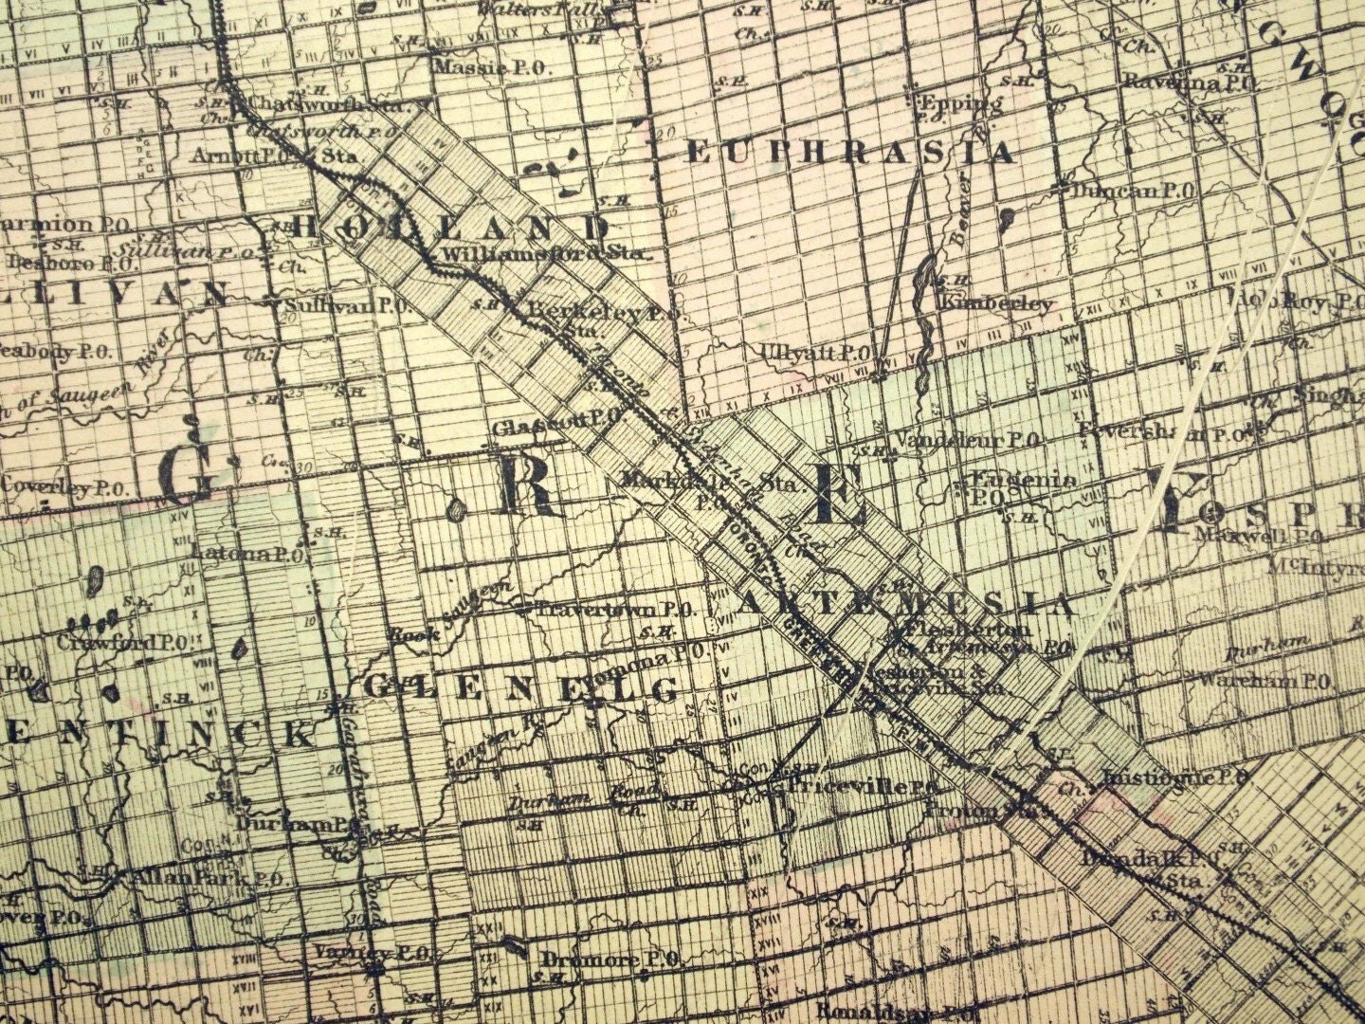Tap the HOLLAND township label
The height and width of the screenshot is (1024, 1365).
point(451,227)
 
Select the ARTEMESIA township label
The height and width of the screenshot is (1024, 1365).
point(905,603)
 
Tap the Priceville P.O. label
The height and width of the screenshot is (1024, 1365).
point(856,787)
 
